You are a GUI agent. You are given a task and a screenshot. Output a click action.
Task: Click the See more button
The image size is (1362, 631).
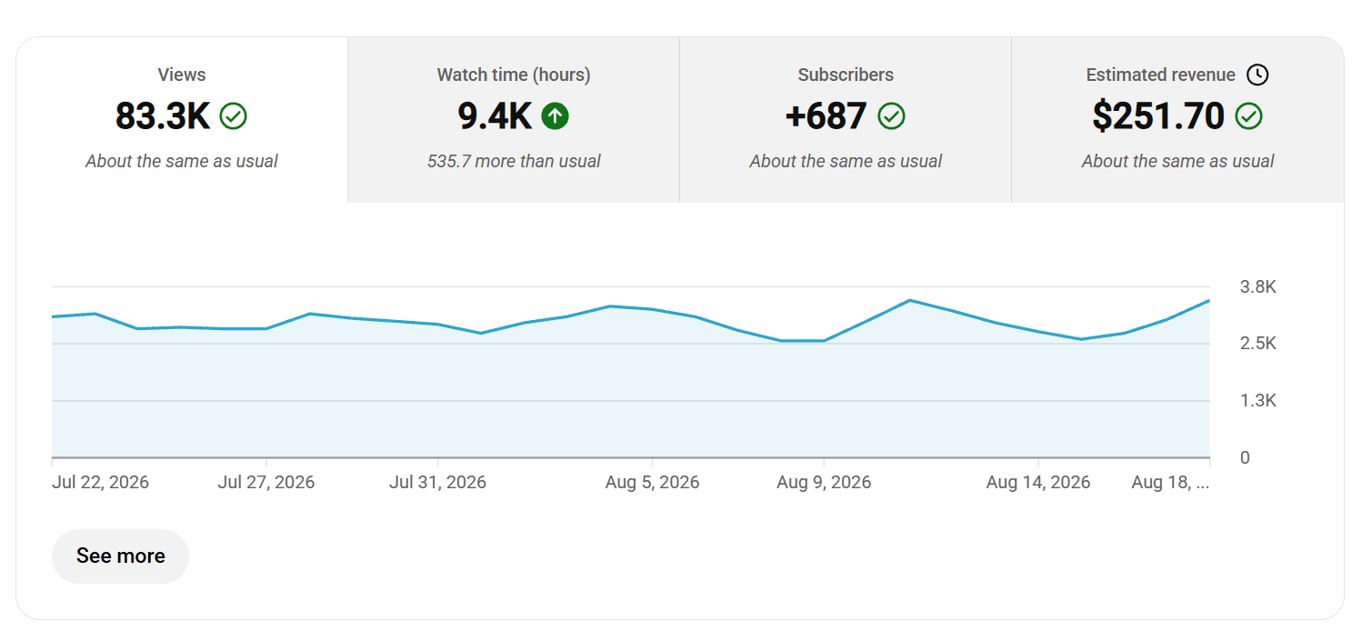(x=120, y=556)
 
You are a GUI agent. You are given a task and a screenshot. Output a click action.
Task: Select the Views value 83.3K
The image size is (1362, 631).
(x=163, y=116)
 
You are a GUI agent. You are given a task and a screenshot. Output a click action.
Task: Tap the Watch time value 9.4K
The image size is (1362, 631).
(x=495, y=116)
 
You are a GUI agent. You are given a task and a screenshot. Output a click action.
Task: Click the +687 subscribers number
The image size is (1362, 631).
(x=826, y=116)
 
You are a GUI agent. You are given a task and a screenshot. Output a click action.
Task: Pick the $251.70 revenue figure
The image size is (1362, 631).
(x=1157, y=116)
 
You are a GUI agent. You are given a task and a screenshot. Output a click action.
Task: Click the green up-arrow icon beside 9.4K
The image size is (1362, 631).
(x=556, y=116)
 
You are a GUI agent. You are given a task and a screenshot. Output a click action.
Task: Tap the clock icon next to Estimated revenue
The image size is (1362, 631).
(x=1257, y=75)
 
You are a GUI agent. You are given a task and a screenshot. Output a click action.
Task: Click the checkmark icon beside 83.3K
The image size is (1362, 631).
(x=234, y=116)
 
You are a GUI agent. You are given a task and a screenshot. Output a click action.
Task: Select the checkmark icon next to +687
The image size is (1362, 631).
(x=891, y=116)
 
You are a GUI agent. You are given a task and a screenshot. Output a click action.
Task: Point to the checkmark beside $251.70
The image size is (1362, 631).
(x=1249, y=116)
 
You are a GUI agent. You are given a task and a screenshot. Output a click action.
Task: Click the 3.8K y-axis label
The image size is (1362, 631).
(x=1258, y=286)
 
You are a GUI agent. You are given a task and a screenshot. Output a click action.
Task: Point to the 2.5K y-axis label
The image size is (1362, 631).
(x=1258, y=343)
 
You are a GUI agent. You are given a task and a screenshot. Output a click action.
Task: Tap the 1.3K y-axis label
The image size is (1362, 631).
(x=1258, y=400)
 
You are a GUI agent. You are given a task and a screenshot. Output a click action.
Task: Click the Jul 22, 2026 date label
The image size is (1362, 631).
(x=100, y=482)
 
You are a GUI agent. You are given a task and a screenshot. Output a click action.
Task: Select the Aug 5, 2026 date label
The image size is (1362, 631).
(x=652, y=482)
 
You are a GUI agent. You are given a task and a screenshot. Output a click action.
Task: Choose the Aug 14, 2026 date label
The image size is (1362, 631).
(x=1038, y=482)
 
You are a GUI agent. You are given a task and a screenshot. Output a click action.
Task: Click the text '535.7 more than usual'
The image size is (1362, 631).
(x=513, y=161)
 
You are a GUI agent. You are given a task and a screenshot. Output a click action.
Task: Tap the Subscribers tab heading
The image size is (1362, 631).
(x=846, y=75)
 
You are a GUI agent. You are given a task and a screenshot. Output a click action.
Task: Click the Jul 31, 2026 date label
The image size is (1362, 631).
(x=438, y=482)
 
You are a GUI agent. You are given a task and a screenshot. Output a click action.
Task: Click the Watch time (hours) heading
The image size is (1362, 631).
(x=513, y=75)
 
